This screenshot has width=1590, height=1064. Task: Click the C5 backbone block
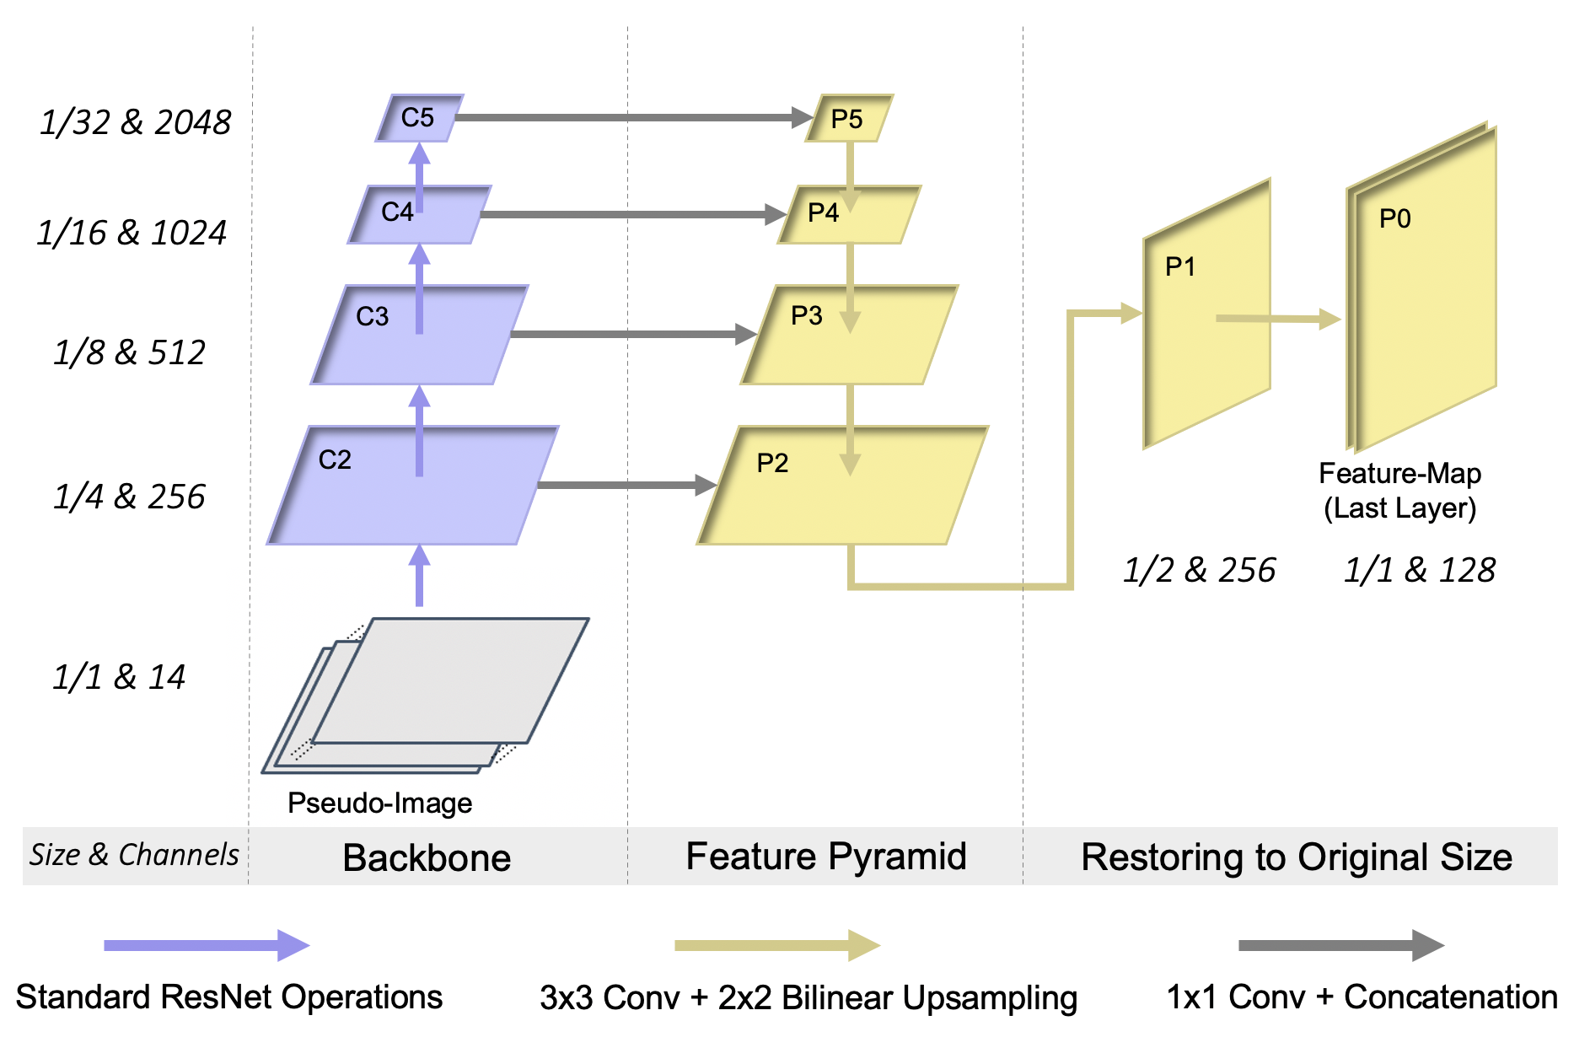tap(419, 118)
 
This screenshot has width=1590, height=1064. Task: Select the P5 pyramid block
tap(848, 118)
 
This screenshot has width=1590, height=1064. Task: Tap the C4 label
tap(397, 212)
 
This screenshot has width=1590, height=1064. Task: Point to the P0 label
tap(1394, 219)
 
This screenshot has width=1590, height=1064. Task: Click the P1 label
tap(1180, 267)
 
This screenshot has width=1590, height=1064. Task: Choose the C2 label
tap(335, 459)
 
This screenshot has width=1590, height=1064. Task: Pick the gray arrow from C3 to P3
tap(632, 335)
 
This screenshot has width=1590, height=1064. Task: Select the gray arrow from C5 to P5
tap(632, 117)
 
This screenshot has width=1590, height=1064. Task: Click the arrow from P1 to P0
tap(1277, 319)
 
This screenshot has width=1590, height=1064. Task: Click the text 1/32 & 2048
tap(135, 122)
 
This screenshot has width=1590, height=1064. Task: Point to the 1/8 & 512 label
tap(129, 352)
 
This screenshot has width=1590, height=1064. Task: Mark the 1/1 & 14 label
tap(119, 677)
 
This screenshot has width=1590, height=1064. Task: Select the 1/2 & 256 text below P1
tap(1199, 570)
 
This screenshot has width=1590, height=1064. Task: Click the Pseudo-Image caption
tap(379, 803)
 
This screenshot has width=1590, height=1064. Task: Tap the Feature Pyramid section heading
tap(825, 857)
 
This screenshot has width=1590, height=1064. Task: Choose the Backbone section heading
tap(427, 858)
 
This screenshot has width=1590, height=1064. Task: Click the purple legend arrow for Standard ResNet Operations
tap(207, 945)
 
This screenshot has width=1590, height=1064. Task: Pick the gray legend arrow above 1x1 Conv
tap(1340, 945)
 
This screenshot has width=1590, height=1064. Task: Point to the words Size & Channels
tap(134, 855)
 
